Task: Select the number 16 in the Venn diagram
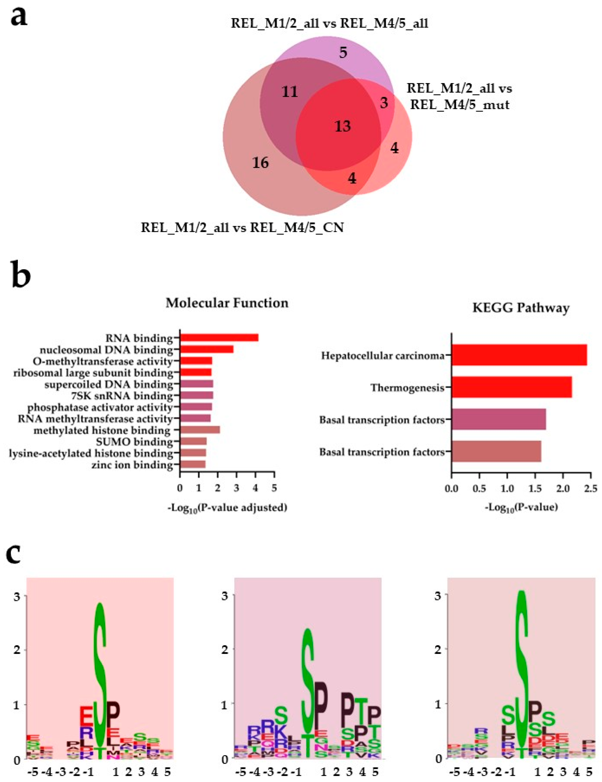(x=260, y=163)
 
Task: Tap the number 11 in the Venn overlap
(x=290, y=92)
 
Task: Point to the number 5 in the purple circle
(x=343, y=53)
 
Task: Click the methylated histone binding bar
(x=200, y=430)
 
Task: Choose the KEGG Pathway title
(x=521, y=308)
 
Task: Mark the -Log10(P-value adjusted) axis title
(x=227, y=508)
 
